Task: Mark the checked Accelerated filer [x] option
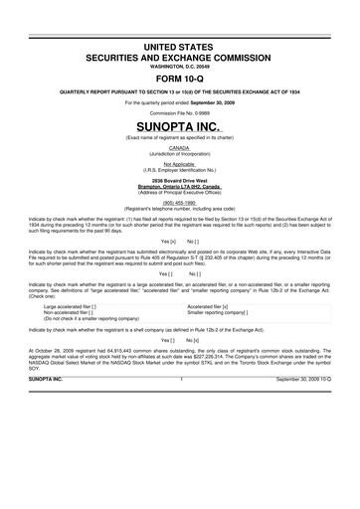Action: click(223, 363)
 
